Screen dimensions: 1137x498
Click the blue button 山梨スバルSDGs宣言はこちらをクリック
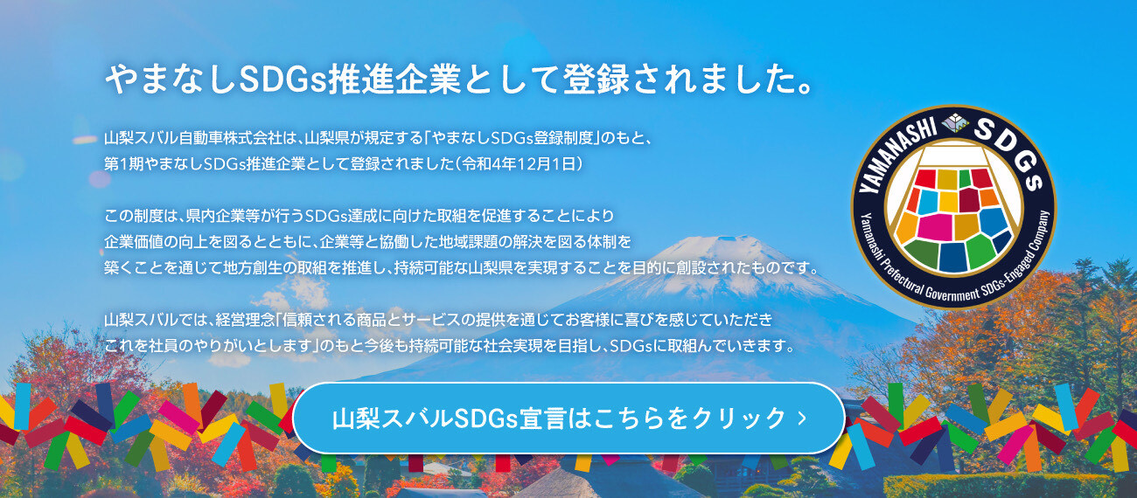click(568, 418)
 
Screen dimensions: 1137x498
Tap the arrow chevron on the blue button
click(802, 418)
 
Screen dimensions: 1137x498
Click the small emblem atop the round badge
click(955, 122)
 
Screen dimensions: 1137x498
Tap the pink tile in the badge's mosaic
click(934, 227)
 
